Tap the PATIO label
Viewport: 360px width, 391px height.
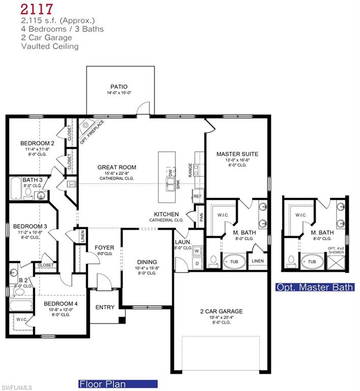[x=119, y=87]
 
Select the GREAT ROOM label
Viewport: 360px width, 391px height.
[x=117, y=167]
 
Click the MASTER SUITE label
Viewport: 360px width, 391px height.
[x=237, y=154]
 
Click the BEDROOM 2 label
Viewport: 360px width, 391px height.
[x=37, y=144]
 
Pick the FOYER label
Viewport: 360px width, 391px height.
[x=105, y=248]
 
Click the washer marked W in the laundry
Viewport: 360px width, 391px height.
[x=197, y=250]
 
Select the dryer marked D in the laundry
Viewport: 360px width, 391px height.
[x=197, y=264]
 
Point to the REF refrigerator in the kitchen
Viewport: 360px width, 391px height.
[x=197, y=196]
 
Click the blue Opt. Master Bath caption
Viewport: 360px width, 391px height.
[x=315, y=287]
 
